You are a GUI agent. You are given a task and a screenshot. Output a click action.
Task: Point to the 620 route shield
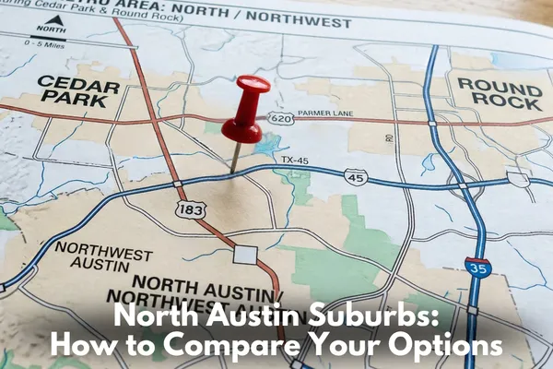pyautogui.click(x=280, y=117)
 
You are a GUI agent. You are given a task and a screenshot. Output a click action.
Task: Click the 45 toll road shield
pyautogui.click(x=355, y=174)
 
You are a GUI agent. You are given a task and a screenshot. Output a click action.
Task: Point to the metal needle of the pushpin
pyautogui.click(x=236, y=157)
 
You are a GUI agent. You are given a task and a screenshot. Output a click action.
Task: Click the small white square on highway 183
pyautogui.click(x=245, y=254)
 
